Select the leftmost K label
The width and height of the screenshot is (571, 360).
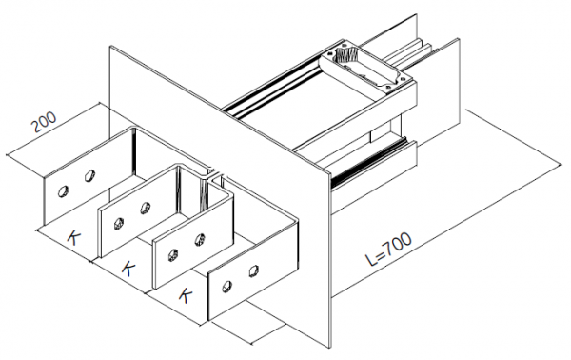coord(72,236)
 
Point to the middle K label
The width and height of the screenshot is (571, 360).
coord(127,268)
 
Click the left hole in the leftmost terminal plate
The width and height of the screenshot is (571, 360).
coord(63,190)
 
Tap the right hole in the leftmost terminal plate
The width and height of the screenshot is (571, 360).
coord(89,175)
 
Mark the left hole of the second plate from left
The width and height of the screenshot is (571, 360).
coord(119,223)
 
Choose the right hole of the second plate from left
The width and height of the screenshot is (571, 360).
coord(146,208)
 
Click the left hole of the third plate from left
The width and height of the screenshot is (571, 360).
coord(173,253)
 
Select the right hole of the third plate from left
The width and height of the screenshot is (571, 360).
coord(200,238)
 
